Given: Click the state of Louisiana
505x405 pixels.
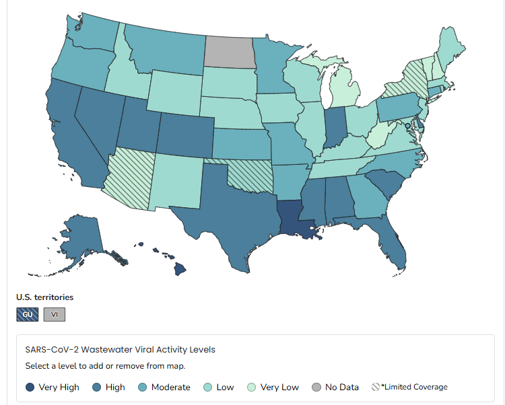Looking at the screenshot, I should point(294,219).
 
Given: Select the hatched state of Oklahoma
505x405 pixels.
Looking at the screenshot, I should point(249,174).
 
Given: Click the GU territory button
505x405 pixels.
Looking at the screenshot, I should point(27,315).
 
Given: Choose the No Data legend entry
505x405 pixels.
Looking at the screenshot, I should point(335,387).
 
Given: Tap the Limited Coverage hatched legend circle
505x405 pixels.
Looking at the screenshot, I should point(376,387).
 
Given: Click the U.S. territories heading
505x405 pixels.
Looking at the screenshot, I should point(44,297).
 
